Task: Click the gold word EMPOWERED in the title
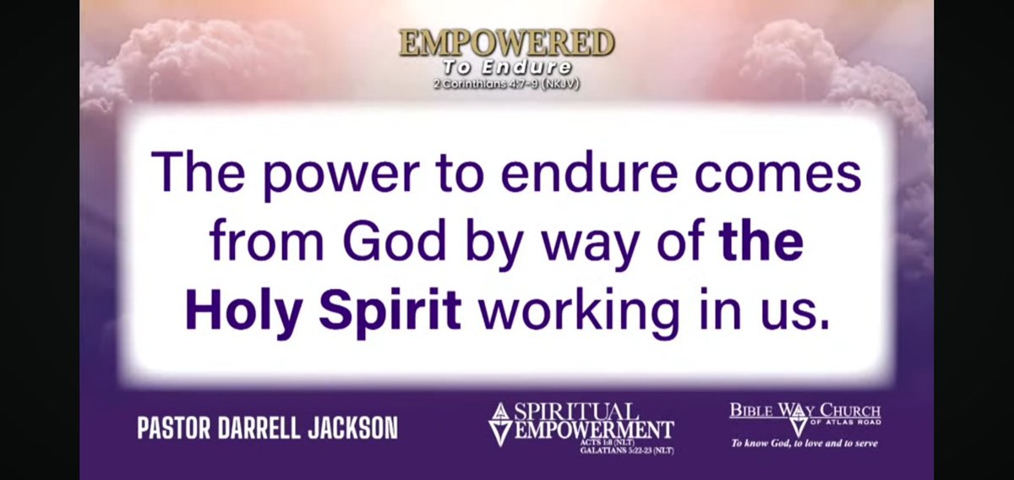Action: tap(506, 43)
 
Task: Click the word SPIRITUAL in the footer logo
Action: tap(581, 412)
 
